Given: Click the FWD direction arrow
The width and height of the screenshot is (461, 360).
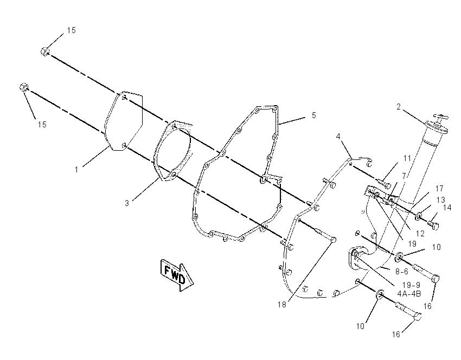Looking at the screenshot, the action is click(177, 275).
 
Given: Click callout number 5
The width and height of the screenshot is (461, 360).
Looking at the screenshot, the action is click(313, 115).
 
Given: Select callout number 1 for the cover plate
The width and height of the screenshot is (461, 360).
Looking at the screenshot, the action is click(76, 170).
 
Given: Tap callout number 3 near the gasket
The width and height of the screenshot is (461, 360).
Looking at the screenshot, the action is click(127, 203).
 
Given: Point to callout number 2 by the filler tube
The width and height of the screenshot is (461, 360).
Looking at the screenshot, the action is click(399, 107).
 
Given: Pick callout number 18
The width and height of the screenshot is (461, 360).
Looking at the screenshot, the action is click(281, 305).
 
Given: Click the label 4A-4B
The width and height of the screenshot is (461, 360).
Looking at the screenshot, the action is click(409, 293).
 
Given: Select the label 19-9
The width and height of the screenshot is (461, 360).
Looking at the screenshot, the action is click(411, 285).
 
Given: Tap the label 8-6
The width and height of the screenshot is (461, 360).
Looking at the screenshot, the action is click(401, 272).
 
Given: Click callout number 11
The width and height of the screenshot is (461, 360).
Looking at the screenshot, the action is click(407, 158).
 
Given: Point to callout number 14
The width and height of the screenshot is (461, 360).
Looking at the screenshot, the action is click(447, 208).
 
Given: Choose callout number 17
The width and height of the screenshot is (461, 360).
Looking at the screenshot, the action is click(439, 188).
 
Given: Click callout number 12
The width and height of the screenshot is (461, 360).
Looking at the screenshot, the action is click(420, 233).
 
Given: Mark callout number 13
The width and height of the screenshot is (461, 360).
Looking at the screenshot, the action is click(441, 200).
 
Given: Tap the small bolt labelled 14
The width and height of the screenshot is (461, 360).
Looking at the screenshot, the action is click(433, 225).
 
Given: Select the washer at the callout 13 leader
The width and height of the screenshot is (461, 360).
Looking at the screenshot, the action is click(418, 217).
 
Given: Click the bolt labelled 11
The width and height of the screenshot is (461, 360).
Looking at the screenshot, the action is click(383, 183).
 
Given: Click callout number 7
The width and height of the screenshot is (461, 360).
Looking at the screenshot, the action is click(404, 176).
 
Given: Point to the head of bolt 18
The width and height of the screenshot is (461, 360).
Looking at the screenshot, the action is click(333, 240).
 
